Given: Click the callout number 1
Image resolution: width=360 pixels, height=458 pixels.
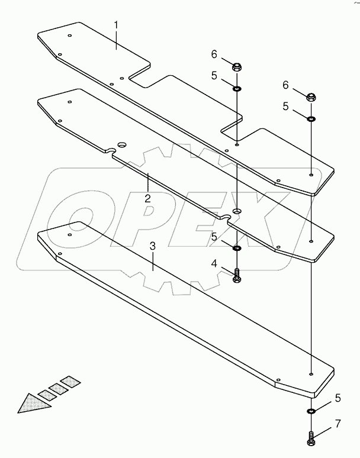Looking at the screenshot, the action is (x=116, y=25).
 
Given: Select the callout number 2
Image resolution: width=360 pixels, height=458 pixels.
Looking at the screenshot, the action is (x=147, y=199).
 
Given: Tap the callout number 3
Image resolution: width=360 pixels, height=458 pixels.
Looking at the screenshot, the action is (x=153, y=246).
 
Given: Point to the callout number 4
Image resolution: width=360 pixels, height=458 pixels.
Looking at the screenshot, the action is (x=214, y=264).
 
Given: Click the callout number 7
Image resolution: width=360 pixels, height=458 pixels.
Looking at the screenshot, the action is (x=337, y=424).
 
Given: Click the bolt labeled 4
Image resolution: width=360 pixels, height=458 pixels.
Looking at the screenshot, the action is (x=237, y=276).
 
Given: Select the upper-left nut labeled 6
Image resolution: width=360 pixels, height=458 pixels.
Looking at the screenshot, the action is (x=236, y=67).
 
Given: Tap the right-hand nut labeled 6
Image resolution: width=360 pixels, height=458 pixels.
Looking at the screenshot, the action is (x=311, y=97).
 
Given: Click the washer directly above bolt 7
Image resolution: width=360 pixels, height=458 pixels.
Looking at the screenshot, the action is (x=311, y=411).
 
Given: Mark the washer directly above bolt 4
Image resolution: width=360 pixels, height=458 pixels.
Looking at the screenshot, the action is (x=236, y=249).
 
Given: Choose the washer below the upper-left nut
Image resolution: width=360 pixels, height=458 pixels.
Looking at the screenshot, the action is (x=236, y=88).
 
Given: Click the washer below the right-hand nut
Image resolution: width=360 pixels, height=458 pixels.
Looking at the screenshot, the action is (x=311, y=118).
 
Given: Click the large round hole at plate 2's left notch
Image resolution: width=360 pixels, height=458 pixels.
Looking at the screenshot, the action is (x=121, y=144).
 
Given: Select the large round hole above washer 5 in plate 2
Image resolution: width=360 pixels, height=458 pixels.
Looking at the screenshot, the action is (x=237, y=211).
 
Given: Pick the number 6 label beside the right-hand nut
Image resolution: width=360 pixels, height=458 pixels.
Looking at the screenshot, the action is (x=285, y=85).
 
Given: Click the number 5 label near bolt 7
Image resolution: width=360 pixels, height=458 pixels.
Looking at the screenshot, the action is (x=337, y=398).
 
